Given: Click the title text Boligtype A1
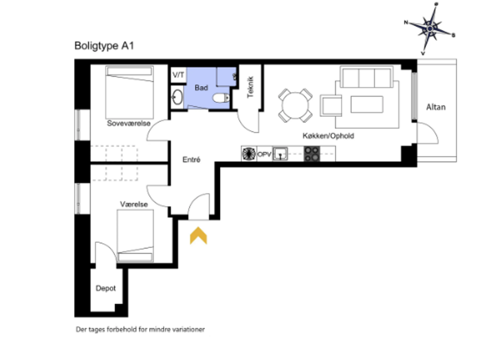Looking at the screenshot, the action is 104,46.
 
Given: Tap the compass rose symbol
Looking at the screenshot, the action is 430,29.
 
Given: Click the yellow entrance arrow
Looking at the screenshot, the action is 199,236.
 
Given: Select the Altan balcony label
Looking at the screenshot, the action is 435,107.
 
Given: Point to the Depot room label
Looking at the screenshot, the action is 106,288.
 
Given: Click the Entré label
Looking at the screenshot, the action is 191,159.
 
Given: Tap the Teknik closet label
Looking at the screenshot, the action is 250,87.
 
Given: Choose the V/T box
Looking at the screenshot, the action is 178,75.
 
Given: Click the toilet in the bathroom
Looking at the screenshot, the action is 221,98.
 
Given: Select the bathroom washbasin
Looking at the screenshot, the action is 178,97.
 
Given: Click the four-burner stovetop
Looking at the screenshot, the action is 312,154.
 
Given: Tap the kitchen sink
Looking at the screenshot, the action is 280,154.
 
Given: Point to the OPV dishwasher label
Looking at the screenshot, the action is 265,154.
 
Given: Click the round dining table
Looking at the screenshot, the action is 295,105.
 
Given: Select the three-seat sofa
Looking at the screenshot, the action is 367,77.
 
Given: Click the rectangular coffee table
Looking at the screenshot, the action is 367,104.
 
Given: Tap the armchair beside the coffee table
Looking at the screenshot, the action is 331,105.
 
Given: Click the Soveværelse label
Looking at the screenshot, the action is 129,123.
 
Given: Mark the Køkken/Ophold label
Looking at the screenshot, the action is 328,136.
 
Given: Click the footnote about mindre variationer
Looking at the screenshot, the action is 141,329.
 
